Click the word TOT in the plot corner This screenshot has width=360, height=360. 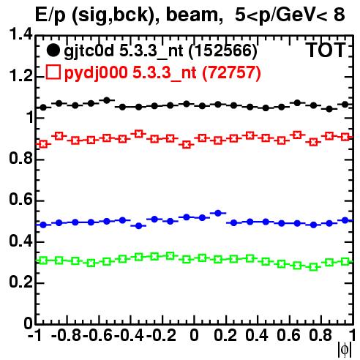[326, 50]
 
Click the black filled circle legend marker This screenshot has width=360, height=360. [53, 50]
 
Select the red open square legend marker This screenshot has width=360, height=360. [53, 72]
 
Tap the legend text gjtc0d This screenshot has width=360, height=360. [89, 51]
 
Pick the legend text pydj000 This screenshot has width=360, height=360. [96, 73]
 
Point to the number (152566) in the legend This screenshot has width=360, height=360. [223, 51]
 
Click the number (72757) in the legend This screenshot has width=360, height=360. [232, 73]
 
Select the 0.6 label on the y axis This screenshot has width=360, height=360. [20, 200]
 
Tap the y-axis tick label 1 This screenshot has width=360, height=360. [30, 117]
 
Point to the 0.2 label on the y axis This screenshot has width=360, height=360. [20, 282]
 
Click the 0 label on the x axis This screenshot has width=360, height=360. [194, 335]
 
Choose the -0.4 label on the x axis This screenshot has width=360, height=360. [129, 335]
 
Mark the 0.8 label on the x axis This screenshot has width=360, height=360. [320, 335]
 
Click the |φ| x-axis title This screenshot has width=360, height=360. [345, 350]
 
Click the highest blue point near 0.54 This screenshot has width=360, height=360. [218, 213]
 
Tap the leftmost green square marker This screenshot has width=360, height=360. [43, 260]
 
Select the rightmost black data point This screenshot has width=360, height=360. [345, 105]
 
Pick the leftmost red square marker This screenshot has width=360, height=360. [43, 144]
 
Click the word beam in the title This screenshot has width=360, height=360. [192, 15]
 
